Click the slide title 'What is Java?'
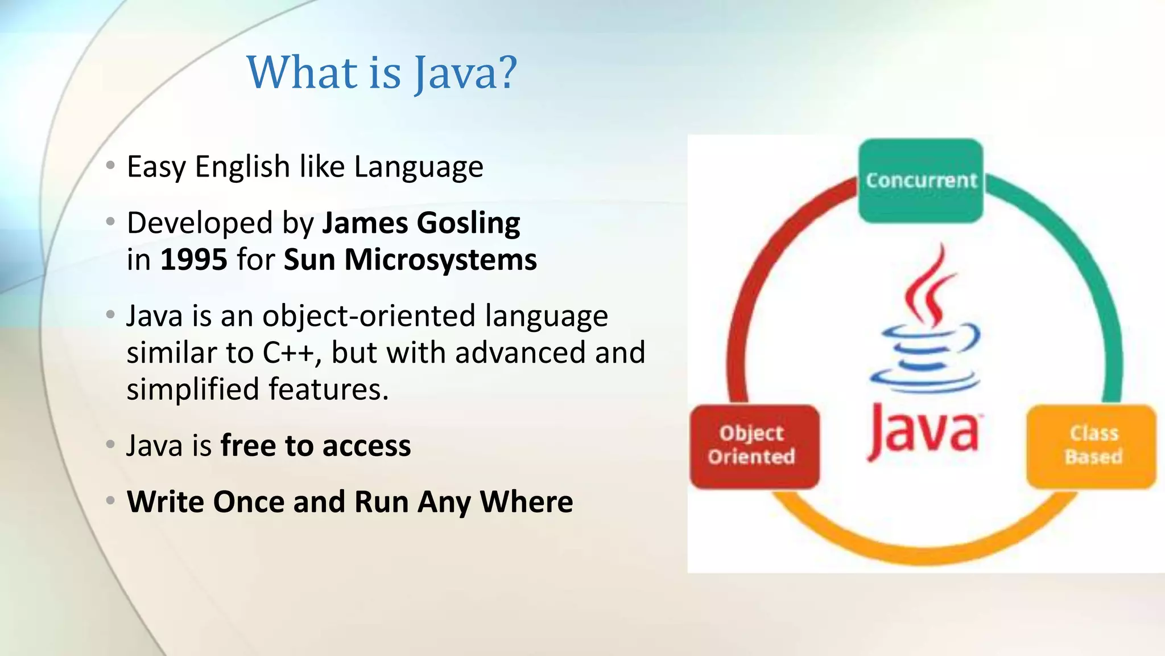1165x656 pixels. pyautogui.click(x=382, y=72)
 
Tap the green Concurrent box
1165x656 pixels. pyautogui.click(x=920, y=181)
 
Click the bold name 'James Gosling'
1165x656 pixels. pyautogui.click(x=421, y=223)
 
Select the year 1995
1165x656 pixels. pyautogui.click(x=193, y=260)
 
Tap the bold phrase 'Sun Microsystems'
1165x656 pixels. pyautogui.click(x=410, y=260)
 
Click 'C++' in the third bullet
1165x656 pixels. pyautogui.click(x=288, y=352)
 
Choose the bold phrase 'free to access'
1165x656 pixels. pyautogui.click(x=316, y=445)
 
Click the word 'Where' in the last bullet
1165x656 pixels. pyautogui.click(x=526, y=502)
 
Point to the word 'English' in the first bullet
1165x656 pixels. pyautogui.click(x=242, y=167)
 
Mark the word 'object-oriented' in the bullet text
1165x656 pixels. pyautogui.click(x=369, y=315)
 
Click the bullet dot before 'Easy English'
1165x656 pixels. pyautogui.click(x=111, y=166)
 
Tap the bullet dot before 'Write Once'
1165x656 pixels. pyautogui.click(x=111, y=501)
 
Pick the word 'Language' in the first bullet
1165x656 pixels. pyautogui.click(x=419, y=167)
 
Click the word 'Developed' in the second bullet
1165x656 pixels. pyautogui.click(x=200, y=223)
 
